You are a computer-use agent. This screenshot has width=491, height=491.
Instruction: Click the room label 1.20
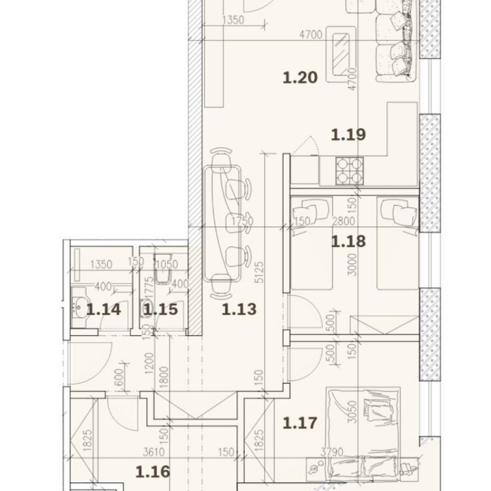click(300, 78)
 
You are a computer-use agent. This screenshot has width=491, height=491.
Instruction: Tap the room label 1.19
click(348, 134)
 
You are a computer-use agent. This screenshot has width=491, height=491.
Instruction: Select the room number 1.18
click(348, 241)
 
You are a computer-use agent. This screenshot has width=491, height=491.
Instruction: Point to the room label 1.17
click(300, 423)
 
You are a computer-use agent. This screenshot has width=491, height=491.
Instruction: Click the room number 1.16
click(153, 471)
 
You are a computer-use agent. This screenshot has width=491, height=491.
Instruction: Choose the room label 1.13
click(239, 309)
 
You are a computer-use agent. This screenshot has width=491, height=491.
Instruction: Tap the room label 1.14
click(103, 309)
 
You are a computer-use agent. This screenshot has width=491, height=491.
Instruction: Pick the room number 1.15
click(161, 309)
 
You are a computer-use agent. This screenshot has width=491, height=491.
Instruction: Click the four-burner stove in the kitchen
click(350, 171)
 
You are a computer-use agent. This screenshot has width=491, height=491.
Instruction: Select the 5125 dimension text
click(260, 273)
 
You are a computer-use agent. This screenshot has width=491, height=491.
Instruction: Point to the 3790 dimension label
click(332, 452)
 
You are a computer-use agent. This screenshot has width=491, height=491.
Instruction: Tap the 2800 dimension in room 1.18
click(344, 221)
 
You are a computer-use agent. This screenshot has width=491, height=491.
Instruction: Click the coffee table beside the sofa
click(341, 55)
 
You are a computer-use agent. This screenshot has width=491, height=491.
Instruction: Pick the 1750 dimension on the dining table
click(242, 221)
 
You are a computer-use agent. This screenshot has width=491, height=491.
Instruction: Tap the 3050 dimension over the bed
click(352, 412)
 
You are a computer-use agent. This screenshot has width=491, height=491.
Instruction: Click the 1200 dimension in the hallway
click(150, 363)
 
